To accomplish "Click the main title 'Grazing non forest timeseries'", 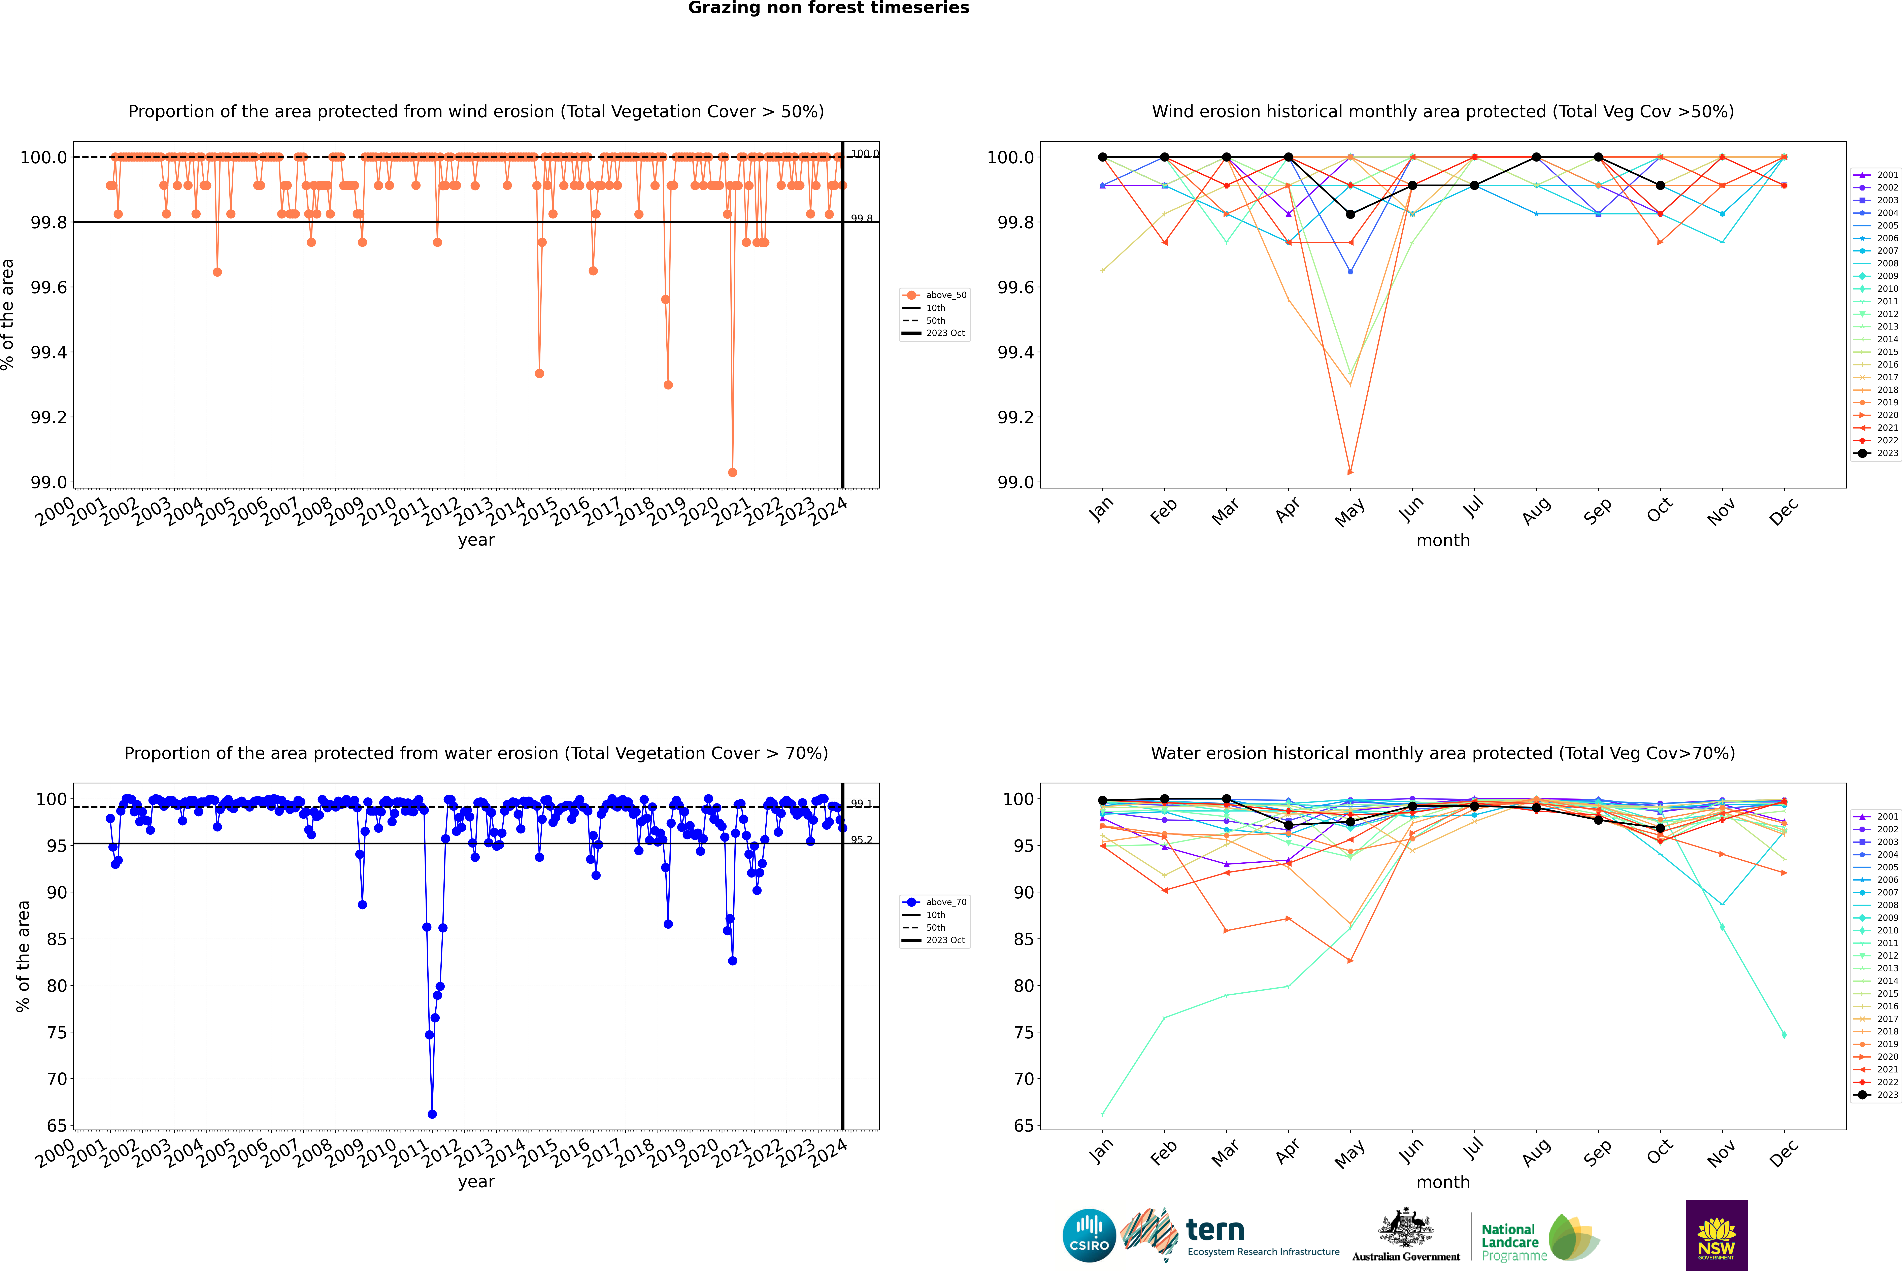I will click(x=829, y=8).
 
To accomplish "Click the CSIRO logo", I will click(x=1089, y=1235).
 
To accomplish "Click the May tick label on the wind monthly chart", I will click(x=1349, y=512).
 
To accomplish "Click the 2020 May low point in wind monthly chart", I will click(x=1350, y=472).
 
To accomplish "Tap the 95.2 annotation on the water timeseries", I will click(x=861, y=840).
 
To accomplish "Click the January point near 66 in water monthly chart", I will click(x=1103, y=1114).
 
